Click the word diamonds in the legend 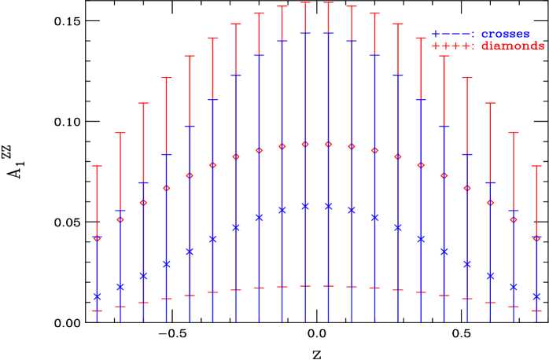(x=512, y=46)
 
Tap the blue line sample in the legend (x=452, y=35)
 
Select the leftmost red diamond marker (x=98, y=237)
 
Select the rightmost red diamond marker (x=536, y=237)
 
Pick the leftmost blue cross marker (x=98, y=296)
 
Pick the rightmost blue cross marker (x=536, y=296)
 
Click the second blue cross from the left (x=120, y=287)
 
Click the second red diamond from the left (x=120, y=219)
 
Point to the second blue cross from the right (x=514, y=287)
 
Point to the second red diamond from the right (x=514, y=219)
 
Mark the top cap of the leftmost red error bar (x=98, y=166)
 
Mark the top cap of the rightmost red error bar (x=536, y=166)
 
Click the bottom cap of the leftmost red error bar (x=98, y=310)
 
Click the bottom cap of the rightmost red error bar (x=536, y=310)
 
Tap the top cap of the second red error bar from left (x=120, y=132)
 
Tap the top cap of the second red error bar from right (x=514, y=132)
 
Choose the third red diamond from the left (x=143, y=203)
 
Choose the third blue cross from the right (x=490, y=276)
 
